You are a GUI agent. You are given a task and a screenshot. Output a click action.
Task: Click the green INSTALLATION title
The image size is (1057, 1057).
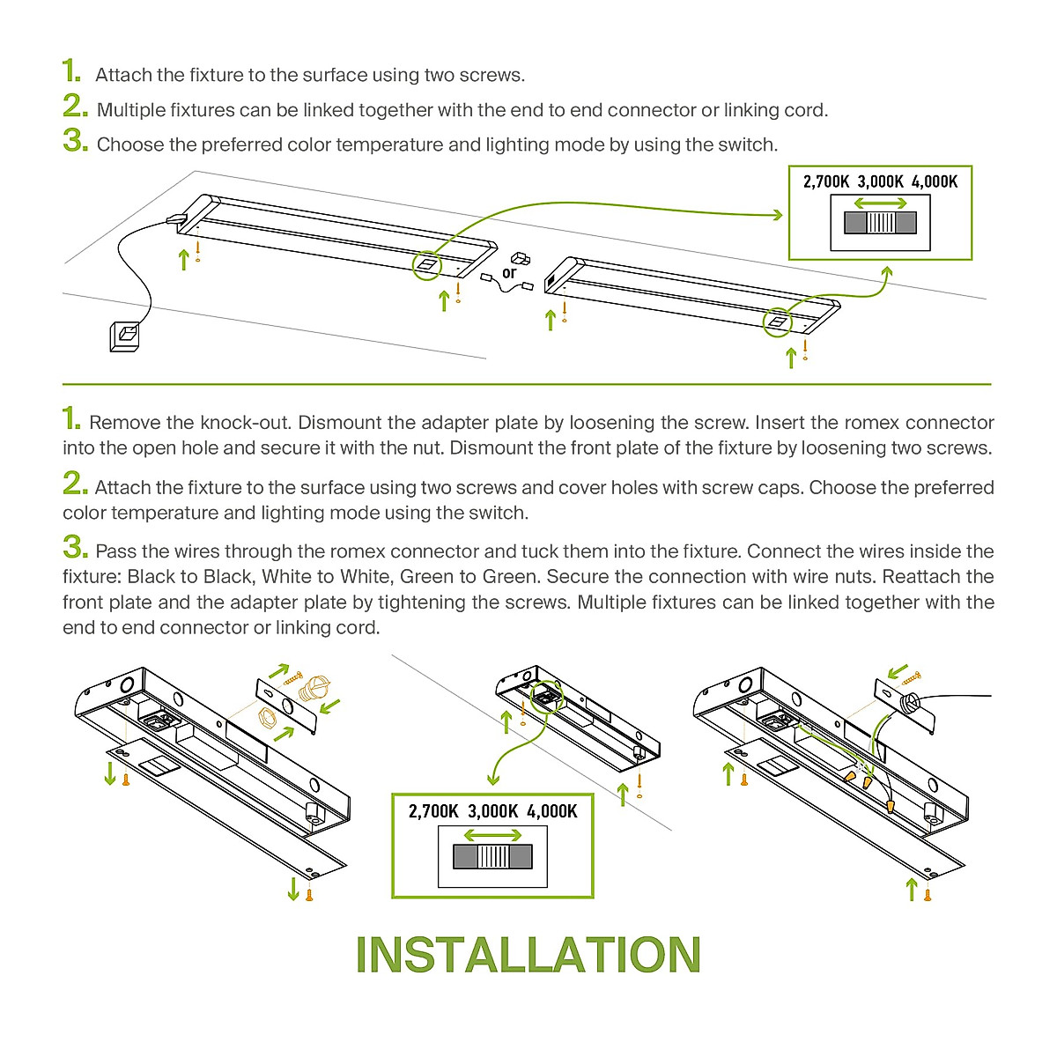pos(528,955)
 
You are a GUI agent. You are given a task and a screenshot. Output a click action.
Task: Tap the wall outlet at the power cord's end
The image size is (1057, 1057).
pos(125,336)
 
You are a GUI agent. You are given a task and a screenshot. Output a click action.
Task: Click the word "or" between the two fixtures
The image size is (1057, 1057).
pos(509,273)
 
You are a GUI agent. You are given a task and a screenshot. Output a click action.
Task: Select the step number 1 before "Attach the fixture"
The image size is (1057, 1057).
pos(71,71)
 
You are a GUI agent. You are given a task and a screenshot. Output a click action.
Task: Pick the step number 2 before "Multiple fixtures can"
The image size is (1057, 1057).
pos(75,107)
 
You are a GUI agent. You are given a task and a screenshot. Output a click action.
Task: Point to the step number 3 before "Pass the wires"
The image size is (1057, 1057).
pos(75,549)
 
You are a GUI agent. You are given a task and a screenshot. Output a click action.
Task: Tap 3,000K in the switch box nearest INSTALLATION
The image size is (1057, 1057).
pos(492,811)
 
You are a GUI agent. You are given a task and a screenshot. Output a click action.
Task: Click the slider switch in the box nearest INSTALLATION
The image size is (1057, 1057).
pos(492,856)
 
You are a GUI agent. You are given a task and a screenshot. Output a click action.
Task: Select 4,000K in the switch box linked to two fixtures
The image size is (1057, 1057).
pos(935,181)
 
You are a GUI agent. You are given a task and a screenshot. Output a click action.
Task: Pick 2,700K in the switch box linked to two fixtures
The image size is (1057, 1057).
pos(826,181)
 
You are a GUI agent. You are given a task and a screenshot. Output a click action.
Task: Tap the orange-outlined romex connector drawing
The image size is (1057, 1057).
pos(314,688)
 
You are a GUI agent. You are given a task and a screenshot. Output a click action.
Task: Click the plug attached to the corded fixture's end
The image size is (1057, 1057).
pos(176,218)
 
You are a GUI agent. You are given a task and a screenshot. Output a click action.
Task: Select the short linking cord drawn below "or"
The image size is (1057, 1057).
pos(506,285)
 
